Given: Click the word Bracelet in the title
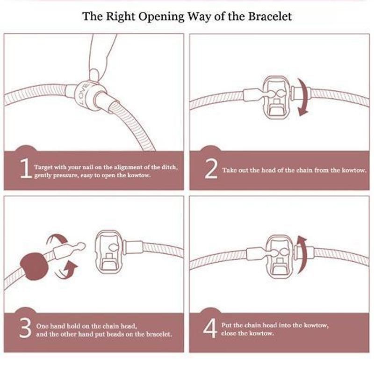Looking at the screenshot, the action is click(270, 16).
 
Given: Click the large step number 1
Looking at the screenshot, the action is click(26, 169).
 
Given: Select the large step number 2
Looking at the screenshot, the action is click(211, 169).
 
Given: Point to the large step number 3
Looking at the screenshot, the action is click(25, 328).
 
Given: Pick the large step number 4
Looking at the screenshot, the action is click(210, 328).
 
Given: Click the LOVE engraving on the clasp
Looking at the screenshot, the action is click(84, 94).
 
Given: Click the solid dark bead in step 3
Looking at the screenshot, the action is click(34, 266).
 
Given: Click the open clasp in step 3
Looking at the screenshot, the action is click(109, 252).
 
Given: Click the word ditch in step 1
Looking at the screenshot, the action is click(170, 167).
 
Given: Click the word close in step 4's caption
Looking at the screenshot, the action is click(229, 333).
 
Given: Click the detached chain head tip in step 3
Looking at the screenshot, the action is click(80, 246).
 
